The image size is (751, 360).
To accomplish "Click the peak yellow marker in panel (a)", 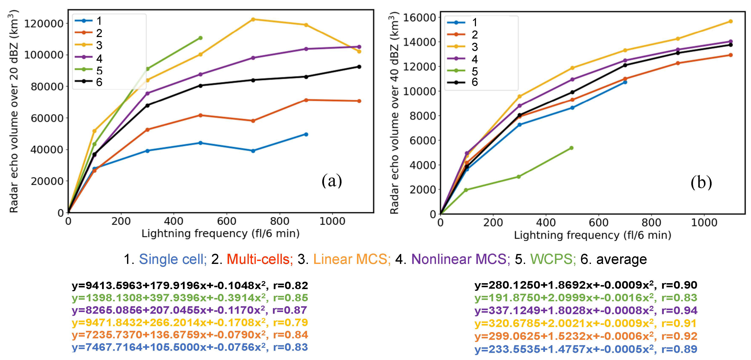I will pos(253,19).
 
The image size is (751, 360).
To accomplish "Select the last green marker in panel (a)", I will pos(200,38).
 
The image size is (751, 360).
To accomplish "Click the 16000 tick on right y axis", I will pos(419,18).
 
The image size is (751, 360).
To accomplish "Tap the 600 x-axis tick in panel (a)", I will pos(227,221).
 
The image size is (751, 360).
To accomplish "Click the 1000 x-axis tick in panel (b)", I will pos(704,223).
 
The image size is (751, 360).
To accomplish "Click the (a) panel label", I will pos(332,181).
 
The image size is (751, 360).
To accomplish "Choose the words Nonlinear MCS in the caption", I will pos(460,259).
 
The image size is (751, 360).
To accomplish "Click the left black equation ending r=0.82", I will pos(189,285).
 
